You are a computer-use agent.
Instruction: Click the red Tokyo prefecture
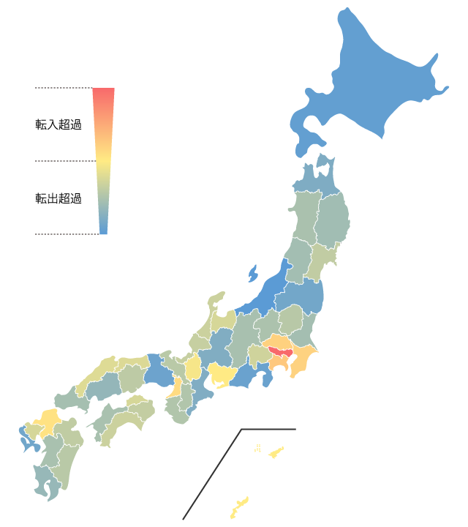(279, 352)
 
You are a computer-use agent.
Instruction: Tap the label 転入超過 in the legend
(58, 124)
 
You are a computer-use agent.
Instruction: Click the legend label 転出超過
(58, 198)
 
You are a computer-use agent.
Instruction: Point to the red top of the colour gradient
(104, 92)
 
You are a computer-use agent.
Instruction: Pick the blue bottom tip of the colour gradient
(103, 230)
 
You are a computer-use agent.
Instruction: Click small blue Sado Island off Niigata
(253, 274)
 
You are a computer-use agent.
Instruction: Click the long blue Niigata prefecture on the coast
(267, 293)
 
